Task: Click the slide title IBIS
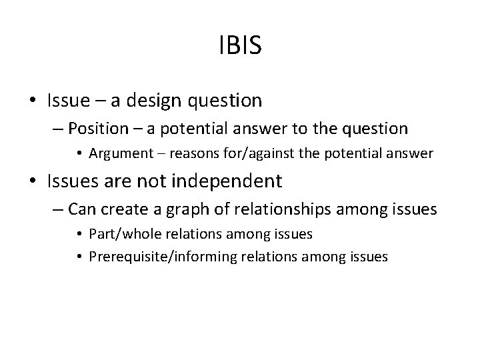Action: (240, 46)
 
